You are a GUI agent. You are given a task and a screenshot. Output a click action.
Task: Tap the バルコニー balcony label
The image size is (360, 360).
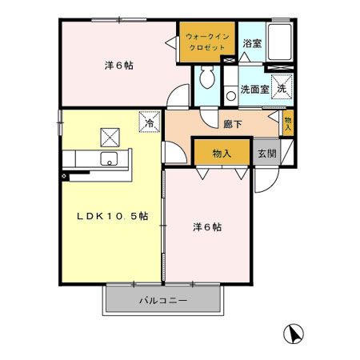pyautogui.click(x=162, y=301)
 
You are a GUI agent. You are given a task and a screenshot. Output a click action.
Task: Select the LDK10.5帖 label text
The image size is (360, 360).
pyautogui.click(x=112, y=215)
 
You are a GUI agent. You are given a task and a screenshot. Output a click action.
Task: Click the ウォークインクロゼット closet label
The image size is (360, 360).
pyautogui.click(x=206, y=42)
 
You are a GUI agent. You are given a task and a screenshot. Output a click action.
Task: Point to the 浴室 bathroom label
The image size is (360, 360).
pyautogui.click(x=251, y=43)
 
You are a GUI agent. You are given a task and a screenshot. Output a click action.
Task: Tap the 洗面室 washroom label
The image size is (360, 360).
pyautogui.click(x=254, y=90)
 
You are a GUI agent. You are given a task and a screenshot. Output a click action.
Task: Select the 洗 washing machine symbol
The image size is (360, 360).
pyautogui.click(x=282, y=88)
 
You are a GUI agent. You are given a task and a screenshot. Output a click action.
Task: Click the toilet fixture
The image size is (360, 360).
pyautogui.click(x=206, y=78)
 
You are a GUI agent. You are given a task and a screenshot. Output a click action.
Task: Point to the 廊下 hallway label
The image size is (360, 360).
pyautogui.click(x=233, y=123)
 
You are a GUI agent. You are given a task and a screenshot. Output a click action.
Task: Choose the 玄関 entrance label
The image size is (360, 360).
pyautogui.click(x=266, y=153)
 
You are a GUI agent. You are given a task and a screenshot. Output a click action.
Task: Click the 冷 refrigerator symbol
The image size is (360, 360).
pyautogui.click(x=150, y=122)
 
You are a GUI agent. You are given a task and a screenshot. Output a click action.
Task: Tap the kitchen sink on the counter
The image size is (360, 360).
pyautogui.click(x=110, y=158)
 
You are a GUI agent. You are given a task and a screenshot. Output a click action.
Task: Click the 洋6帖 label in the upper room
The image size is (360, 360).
pyautogui.click(x=118, y=66)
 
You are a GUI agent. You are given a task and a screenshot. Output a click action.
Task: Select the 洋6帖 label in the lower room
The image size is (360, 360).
pyautogui.click(x=206, y=226)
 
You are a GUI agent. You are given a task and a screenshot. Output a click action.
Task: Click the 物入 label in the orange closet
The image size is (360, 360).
pyautogui.click(x=222, y=153)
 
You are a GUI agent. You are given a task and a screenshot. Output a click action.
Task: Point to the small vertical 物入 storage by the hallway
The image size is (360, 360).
pyautogui.click(x=288, y=122)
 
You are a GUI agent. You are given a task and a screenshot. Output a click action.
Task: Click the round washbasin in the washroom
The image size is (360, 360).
pyautogui.click(x=230, y=90)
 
